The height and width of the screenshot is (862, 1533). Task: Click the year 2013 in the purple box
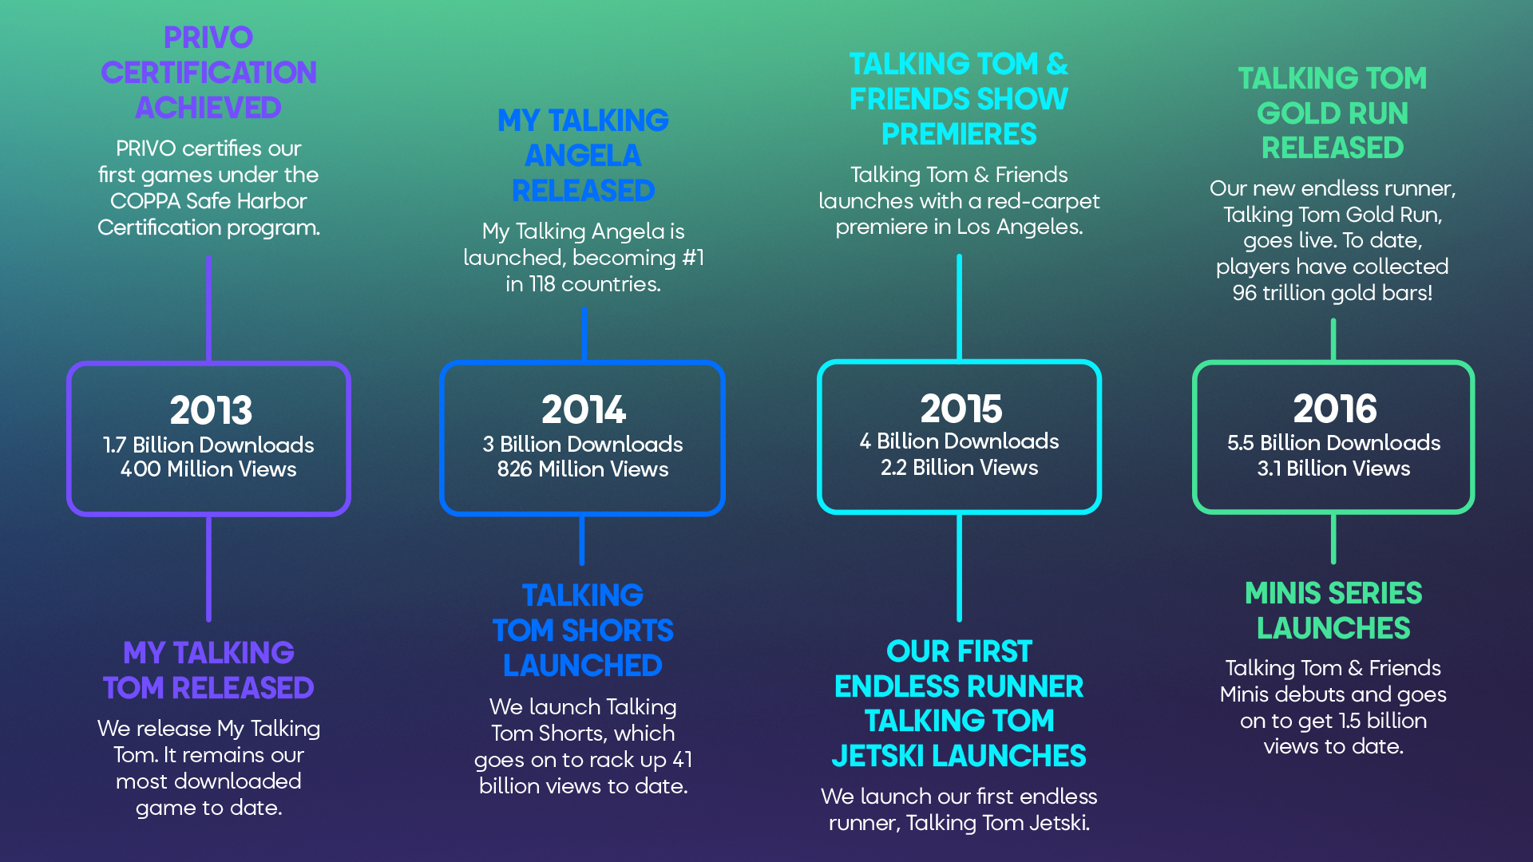(211, 410)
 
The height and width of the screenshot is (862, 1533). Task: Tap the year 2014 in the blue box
(584, 409)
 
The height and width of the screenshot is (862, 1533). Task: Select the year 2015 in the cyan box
(961, 409)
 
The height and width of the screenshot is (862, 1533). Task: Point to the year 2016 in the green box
(1335, 409)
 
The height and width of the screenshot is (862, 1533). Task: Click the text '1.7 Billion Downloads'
(208, 445)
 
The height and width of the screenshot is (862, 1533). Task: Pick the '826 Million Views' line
(583, 469)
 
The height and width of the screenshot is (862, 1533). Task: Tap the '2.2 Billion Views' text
(960, 468)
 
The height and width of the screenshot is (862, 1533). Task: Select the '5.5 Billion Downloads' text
(1333, 443)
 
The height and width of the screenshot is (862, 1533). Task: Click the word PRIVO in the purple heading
(208, 38)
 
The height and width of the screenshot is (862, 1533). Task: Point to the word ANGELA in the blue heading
(583, 155)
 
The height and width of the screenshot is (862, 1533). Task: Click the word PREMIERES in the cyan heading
(959, 134)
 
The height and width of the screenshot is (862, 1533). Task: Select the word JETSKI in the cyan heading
(877, 756)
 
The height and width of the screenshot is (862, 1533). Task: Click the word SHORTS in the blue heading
(617, 631)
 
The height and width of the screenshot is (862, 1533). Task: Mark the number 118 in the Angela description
(542, 284)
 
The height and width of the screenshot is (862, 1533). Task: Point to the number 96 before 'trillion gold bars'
(1245, 293)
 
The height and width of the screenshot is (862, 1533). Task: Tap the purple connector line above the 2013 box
(208, 309)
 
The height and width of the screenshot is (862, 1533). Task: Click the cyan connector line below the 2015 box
(959, 567)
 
